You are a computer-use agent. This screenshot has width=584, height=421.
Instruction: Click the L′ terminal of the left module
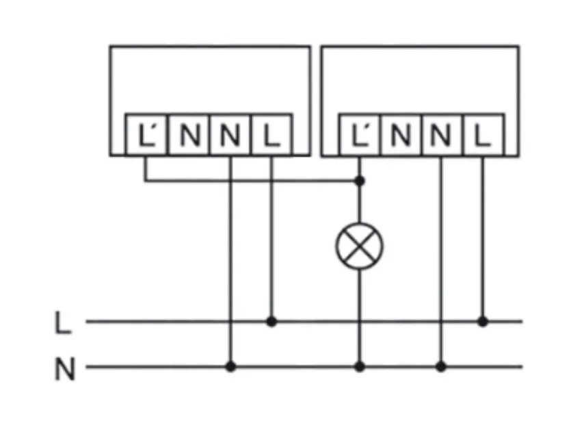[146, 135]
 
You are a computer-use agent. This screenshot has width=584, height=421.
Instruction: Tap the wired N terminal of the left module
[230, 135]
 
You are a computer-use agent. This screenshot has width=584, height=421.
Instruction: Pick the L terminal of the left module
[272, 135]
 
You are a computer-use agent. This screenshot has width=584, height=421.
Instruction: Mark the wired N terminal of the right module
[441, 135]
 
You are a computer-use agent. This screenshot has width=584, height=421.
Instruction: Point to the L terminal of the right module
[483, 135]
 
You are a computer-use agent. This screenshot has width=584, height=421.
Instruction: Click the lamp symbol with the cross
[360, 245]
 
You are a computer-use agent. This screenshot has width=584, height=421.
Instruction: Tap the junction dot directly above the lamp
[360, 181]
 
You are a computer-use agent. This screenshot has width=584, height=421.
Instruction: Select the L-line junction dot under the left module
[272, 320]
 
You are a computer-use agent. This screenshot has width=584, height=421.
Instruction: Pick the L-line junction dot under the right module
[483, 320]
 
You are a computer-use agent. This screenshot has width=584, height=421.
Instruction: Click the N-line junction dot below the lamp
[360, 367]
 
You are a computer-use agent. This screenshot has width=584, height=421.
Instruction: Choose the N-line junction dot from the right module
[441, 367]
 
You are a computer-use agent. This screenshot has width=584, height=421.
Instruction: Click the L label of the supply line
[63, 322]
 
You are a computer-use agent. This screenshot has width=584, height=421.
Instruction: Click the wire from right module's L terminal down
[483, 240]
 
